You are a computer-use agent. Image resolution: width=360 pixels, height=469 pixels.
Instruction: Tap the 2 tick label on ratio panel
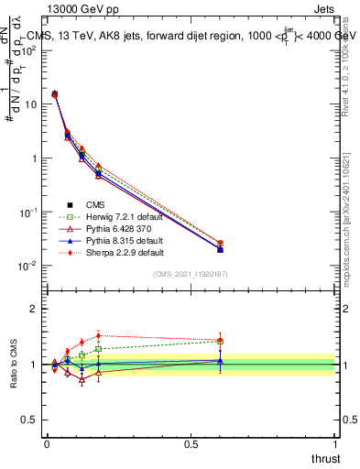(x=34, y=309)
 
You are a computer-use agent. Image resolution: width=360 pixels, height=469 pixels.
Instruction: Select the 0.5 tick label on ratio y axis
(x=29, y=420)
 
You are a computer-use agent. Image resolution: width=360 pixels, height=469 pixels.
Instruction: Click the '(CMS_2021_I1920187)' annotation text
(x=191, y=274)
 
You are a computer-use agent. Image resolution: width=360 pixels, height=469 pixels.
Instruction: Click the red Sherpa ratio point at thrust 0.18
(x=98, y=335)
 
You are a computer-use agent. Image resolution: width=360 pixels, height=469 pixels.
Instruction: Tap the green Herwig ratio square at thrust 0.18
(x=98, y=349)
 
